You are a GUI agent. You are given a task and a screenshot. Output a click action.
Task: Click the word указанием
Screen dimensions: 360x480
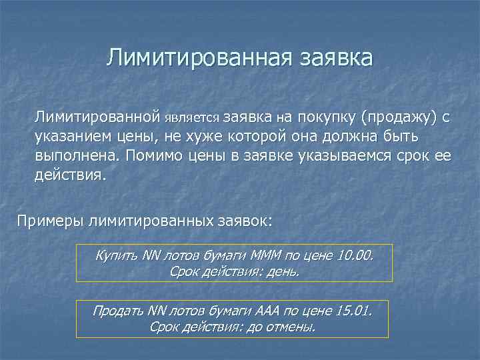pos(69,137)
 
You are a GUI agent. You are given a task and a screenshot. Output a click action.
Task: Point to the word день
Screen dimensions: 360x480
pos(283,272)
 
